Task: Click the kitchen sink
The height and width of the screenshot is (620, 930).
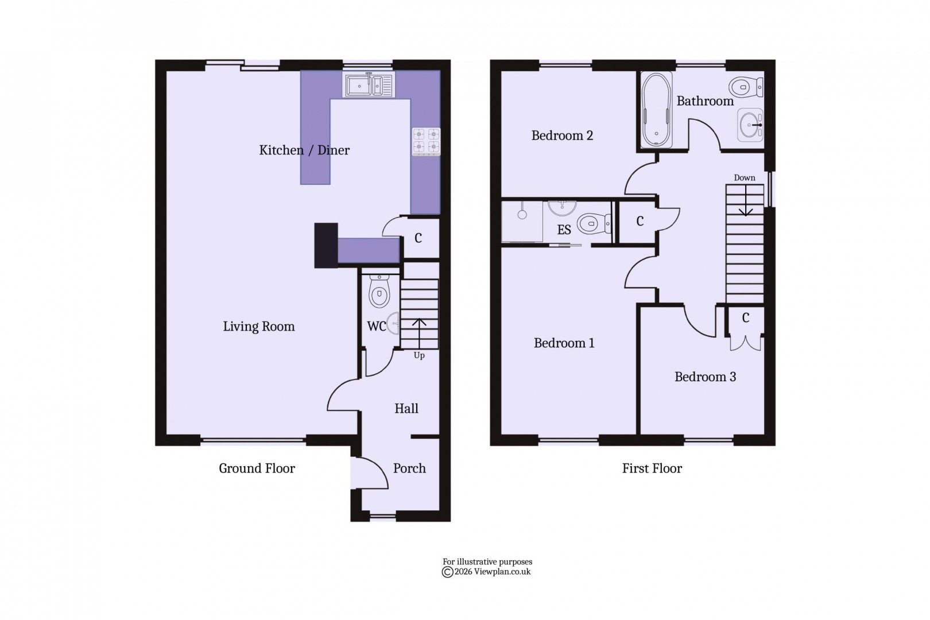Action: click(x=369, y=85)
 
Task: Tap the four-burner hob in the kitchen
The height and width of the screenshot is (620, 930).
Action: click(x=427, y=141)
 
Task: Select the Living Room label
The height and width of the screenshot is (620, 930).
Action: click(x=259, y=327)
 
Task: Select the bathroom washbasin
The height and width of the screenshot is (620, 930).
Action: click(x=750, y=124)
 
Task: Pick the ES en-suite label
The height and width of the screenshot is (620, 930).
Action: click(x=564, y=230)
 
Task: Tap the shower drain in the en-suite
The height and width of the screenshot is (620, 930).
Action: click(x=522, y=214)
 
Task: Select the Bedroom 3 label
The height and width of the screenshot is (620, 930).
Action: click(x=705, y=377)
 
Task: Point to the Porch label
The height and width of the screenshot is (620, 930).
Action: click(x=409, y=468)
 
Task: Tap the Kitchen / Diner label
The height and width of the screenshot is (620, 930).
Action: click(x=304, y=150)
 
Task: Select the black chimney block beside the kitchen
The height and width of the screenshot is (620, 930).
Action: click(x=326, y=245)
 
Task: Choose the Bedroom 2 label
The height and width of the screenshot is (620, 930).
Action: click(x=562, y=135)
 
